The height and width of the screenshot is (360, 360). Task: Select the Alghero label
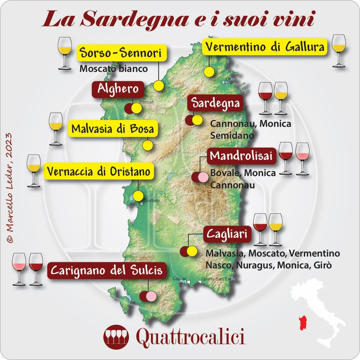(118, 89)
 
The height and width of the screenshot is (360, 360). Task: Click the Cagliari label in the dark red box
(227, 234)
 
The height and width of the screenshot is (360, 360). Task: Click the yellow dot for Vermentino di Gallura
(209, 72)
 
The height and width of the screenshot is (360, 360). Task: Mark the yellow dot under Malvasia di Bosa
(148, 144)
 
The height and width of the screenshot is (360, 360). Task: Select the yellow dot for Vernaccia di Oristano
(138, 196)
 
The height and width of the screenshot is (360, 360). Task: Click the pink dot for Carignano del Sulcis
(151, 297)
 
